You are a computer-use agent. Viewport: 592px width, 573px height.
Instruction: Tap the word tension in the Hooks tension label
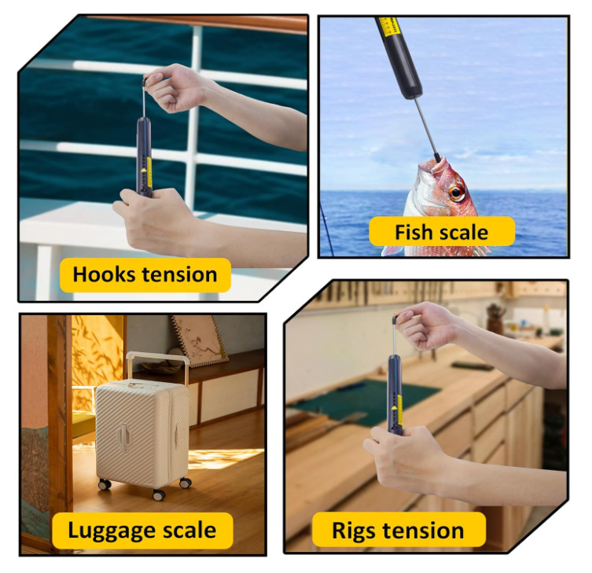178,275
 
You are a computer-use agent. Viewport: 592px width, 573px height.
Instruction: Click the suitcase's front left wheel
105,485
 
